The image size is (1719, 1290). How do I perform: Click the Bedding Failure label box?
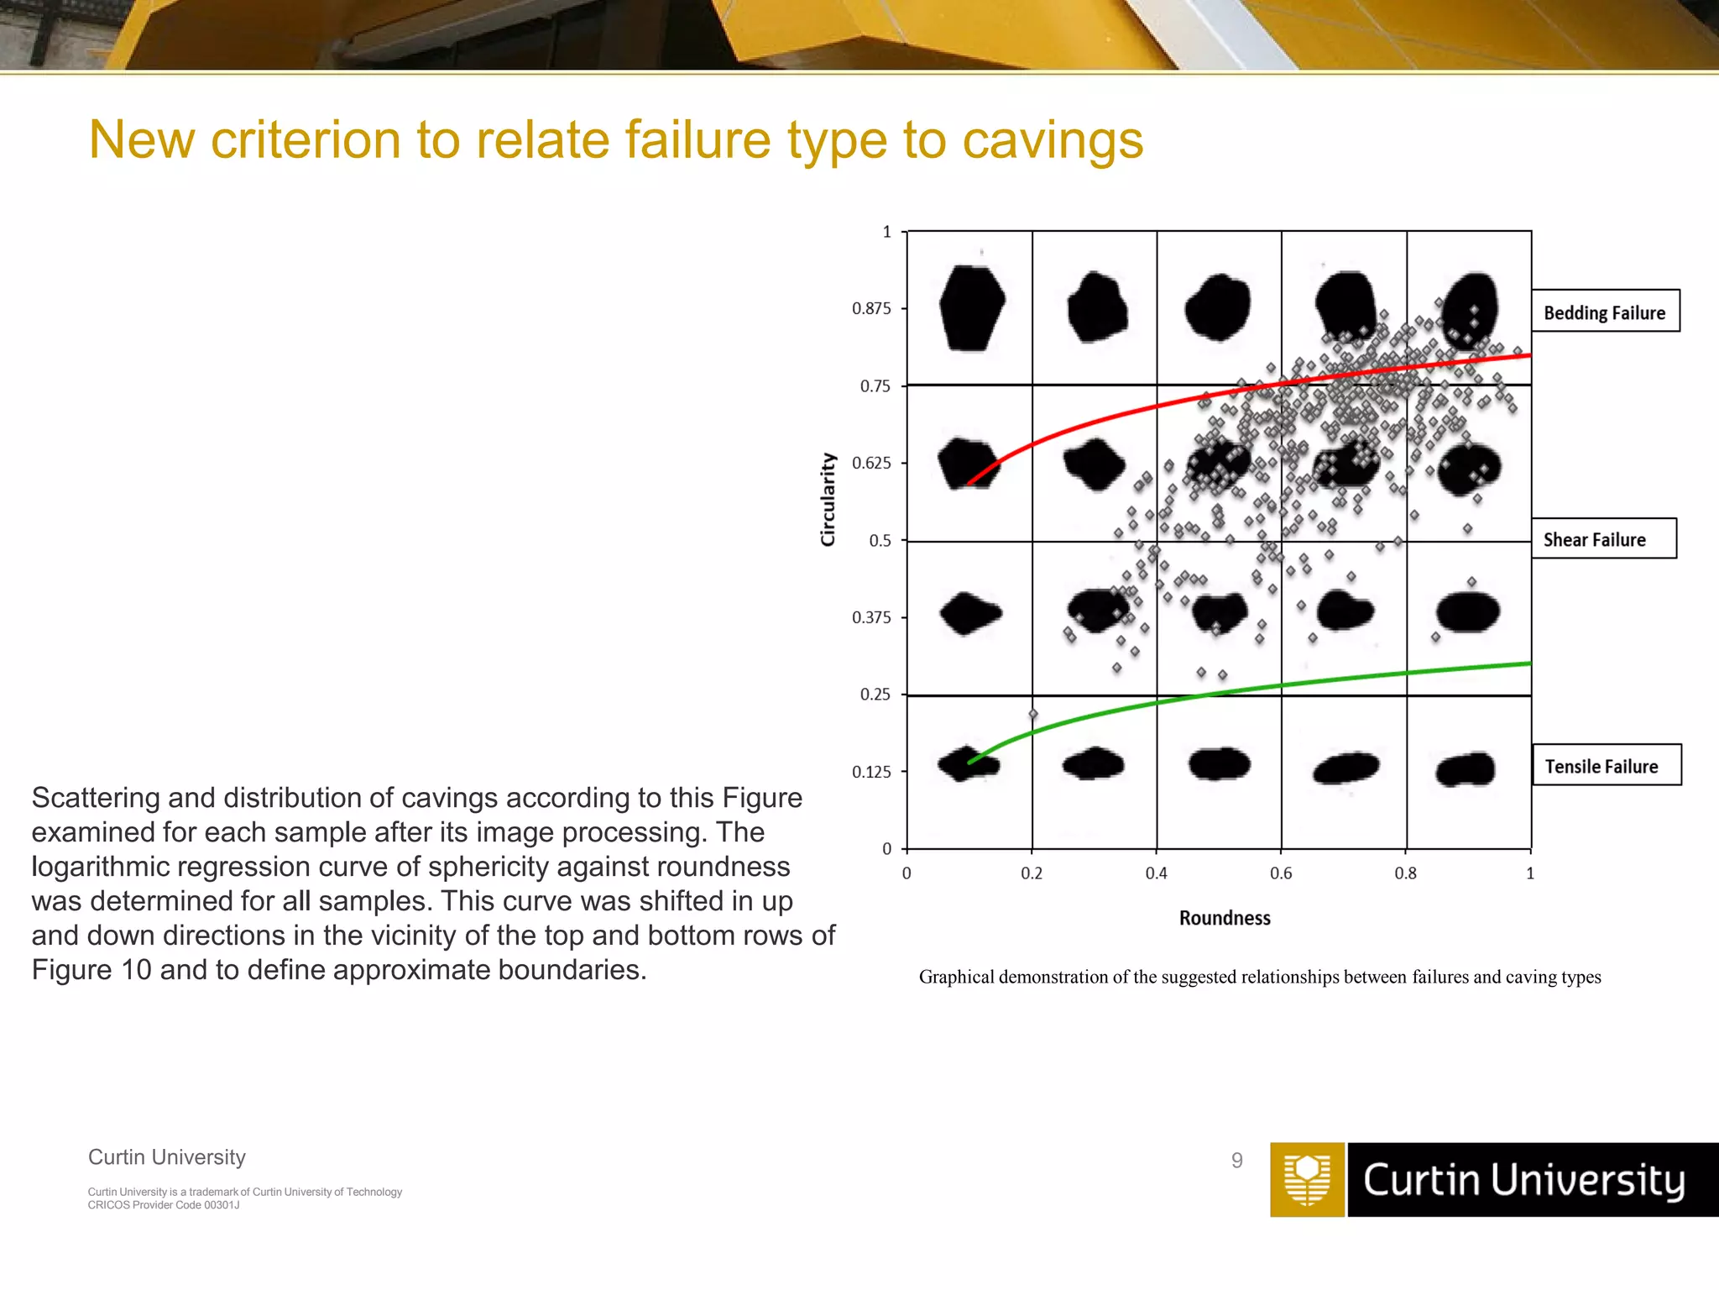tap(1604, 312)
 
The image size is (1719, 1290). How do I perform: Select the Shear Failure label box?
tap(1602, 539)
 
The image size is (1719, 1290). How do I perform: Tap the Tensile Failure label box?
tap(1606, 765)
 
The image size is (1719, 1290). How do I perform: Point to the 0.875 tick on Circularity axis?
tap(871, 308)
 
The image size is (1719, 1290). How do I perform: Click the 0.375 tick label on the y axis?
tap(871, 617)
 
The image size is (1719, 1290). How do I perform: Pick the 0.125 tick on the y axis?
tap(871, 772)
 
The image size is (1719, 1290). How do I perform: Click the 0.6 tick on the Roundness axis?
tap(1281, 873)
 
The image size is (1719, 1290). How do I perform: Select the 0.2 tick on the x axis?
tap(1032, 873)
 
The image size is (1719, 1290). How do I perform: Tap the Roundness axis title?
tap(1225, 918)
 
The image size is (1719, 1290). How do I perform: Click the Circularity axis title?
tap(828, 500)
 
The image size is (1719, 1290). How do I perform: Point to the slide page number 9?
tap(1236, 1161)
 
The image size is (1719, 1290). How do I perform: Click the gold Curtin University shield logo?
tap(1307, 1179)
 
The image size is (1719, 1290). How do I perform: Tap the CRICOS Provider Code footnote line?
tap(164, 1205)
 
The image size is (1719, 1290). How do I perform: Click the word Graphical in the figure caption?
tap(956, 977)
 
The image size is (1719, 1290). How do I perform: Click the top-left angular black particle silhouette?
tap(971, 307)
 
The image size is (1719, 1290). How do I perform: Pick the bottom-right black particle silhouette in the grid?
tap(1466, 769)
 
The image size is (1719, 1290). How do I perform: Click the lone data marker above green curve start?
tap(1033, 715)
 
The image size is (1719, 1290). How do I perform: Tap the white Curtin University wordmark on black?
tap(1523, 1180)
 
